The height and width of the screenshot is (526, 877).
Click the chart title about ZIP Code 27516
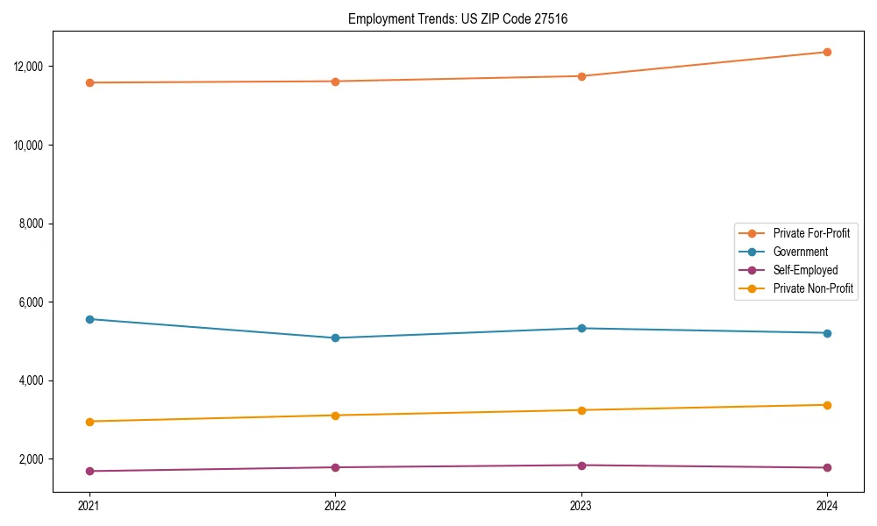pyautogui.click(x=458, y=18)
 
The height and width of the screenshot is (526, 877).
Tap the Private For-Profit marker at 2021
pyautogui.click(x=89, y=82)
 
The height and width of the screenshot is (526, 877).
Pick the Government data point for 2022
pyautogui.click(x=335, y=338)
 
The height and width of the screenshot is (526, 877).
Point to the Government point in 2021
pyautogui.click(x=89, y=319)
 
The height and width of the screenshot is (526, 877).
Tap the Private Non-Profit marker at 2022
pyautogui.click(x=335, y=416)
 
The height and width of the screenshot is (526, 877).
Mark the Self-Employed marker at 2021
pyautogui.click(x=89, y=472)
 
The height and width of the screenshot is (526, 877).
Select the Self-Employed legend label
pyautogui.click(x=805, y=270)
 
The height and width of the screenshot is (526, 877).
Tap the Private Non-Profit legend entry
pyautogui.click(x=813, y=288)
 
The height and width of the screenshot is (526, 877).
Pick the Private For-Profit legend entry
pyautogui.click(x=811, y=233)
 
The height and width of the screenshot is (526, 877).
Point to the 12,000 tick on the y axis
pyautogui.click(x=30, y=67)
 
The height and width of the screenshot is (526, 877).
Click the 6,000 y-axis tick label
pyautogui.click(x=32, y=302)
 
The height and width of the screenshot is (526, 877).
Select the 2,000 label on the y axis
pyautogui.click(x=32, y=459)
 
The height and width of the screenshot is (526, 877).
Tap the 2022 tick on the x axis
pyautogui.click(x=335, y=505)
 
